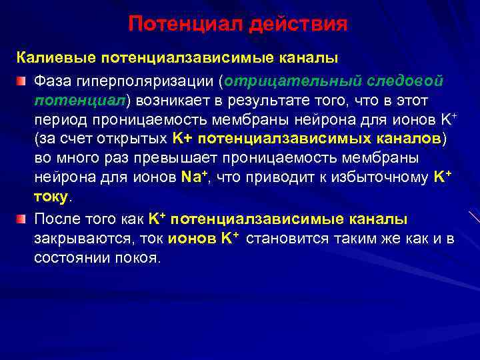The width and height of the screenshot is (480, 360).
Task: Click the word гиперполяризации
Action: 142,81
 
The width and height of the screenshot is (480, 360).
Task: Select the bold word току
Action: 51,198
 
